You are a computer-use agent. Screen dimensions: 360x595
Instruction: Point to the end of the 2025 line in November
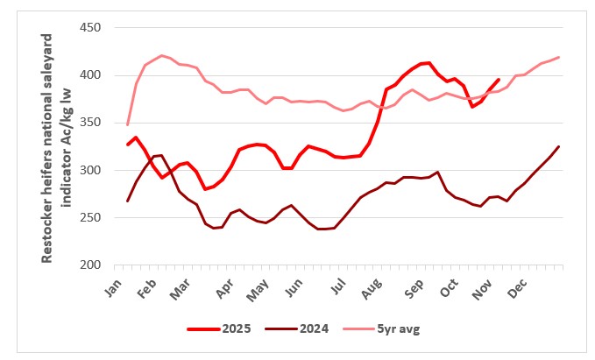[x=499, y=80]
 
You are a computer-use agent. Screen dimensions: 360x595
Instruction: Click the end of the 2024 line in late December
[x=559, y=146]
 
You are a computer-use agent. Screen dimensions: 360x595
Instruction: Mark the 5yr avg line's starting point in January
[x=127, y=124]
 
